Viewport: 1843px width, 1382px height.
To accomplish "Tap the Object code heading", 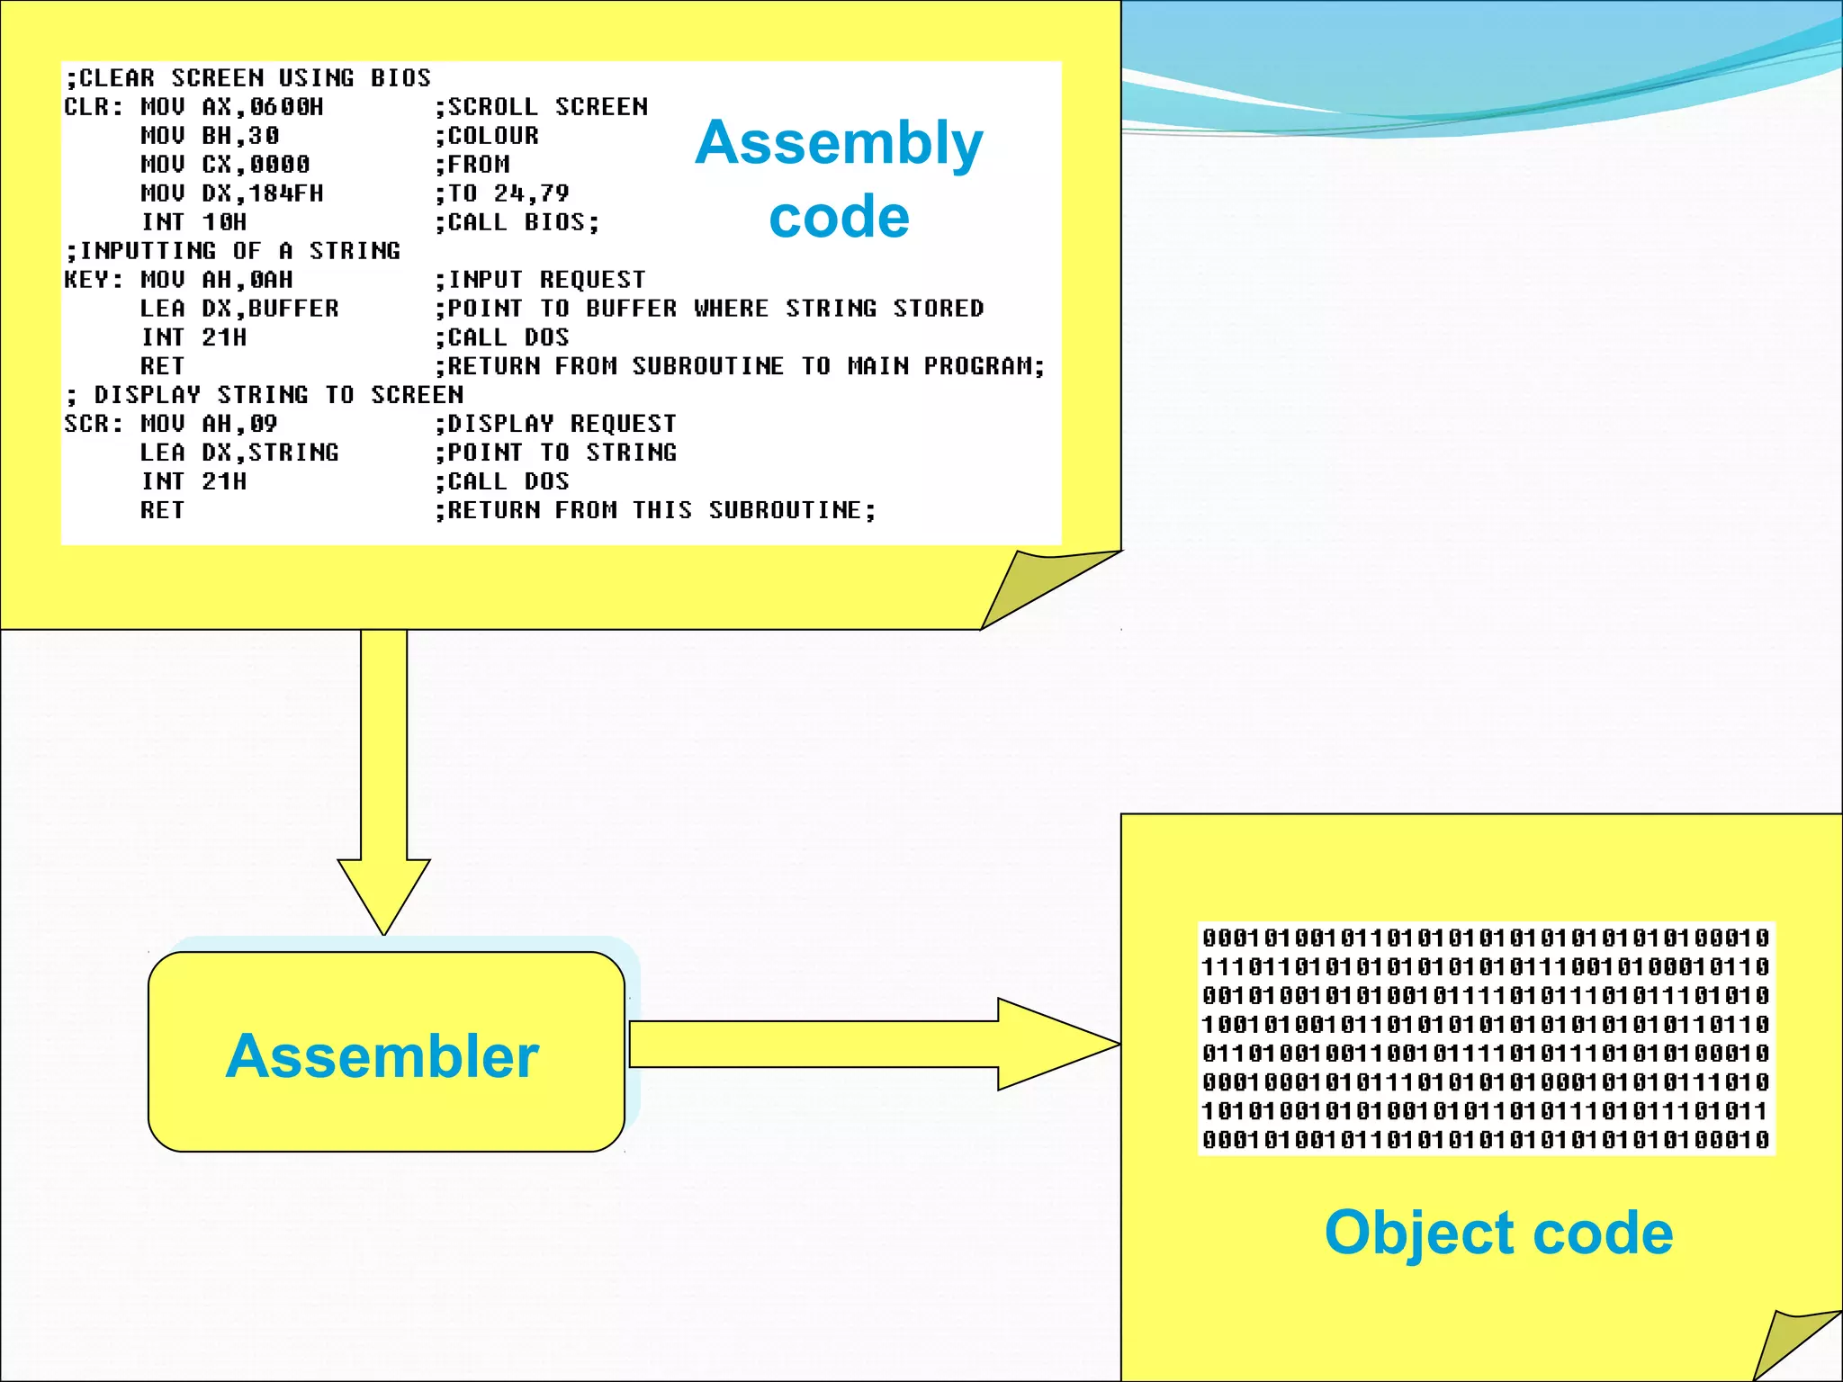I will pos(1498,1232).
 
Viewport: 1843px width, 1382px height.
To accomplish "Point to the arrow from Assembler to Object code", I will pos(873,1044).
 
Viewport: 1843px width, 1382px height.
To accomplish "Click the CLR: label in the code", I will pos(93,107).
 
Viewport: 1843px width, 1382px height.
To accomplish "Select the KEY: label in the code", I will pos(93,280).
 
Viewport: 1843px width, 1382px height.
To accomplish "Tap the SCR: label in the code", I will pos(93,424).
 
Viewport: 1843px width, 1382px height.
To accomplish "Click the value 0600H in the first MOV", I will pos(286,107).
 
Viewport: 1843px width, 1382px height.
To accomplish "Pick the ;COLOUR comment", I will pos(487,136).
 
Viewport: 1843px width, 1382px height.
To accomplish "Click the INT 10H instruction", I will pos(193,222).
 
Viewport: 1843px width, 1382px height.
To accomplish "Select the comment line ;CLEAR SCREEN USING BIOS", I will pos(247,78).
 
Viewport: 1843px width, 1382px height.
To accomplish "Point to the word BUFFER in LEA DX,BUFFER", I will pos(293,309).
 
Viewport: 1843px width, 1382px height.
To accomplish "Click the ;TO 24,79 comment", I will pos(502,193).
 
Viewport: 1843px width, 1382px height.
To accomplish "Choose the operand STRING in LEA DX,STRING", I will pos(293,453).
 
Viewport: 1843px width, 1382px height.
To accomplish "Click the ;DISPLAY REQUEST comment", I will pos(555,424).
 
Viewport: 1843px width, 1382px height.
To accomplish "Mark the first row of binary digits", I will pos(1486,938).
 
